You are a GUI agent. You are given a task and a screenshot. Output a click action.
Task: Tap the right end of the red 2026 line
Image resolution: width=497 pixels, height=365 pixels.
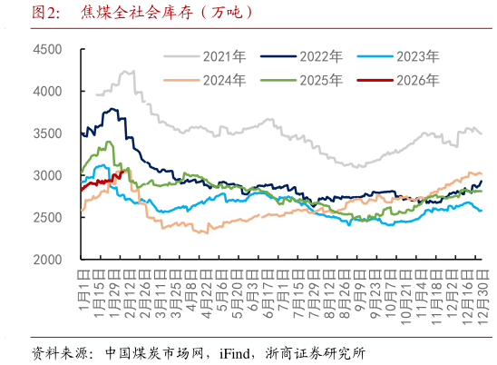pos(128,169)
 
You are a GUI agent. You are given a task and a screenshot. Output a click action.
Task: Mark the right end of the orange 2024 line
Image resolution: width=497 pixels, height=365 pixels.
pos(481,173)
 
